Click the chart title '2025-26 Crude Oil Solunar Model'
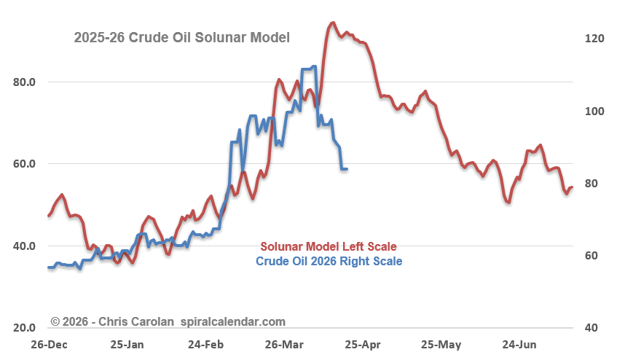tap(182, 37)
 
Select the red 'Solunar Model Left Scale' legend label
tap(329, 246)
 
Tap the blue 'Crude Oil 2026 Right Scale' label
tap(329, 260)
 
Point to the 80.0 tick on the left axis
tap(25, 82)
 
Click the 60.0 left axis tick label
tap(25, 164)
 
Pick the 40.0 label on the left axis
tap(25, 246)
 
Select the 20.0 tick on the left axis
tap(25, 328)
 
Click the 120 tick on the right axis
tap(595, 39)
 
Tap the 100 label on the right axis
tap(595, 111)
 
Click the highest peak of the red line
tap(333, 23)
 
